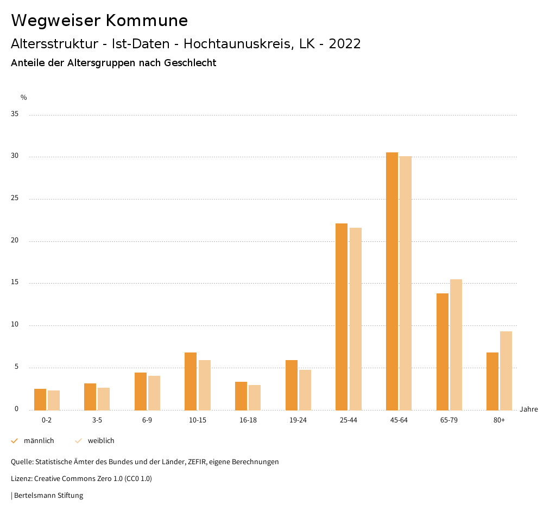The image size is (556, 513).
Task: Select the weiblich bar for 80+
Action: pyautogui.click(x=506, y=370)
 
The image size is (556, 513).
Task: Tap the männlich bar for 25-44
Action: pyautogui.click(x=342, y=317)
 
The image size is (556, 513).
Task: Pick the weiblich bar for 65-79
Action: pyautogui.click(x=456, y=344)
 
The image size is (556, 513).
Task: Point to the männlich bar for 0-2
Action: pyautogui.click(x=40, y=399)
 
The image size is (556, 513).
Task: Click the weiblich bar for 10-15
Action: pyautogui.click(x=205, y=385)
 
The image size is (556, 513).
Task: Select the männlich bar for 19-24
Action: pyautogui.click(x=292, y=385)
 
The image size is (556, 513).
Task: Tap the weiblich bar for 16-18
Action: pyautogui.click(x=255, y=397)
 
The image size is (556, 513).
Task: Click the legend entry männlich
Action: pyautogui.click(x=39, y=441)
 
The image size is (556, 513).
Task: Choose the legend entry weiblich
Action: pyautogui.click(x=101, y=441)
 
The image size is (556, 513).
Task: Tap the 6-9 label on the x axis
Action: pyautogui.click(x=147, y=420)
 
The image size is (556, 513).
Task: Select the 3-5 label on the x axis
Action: pyautogui.click(x=97, y=420)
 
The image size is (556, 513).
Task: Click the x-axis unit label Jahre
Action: pyautogui.click(x=529, y=409)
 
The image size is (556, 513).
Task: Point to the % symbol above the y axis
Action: pyautogui.click(x=24, y=98)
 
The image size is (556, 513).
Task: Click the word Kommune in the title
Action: pyautogui.click(x=147, y=21)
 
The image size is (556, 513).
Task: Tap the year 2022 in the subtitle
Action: pyautogui.click(x=345, y=44)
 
